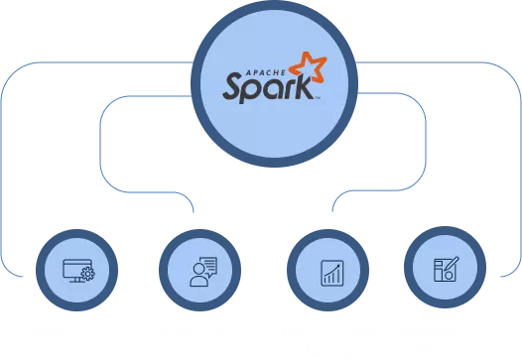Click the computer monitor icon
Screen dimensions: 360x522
tap(75, 268)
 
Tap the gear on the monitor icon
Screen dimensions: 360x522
tap(87, 275)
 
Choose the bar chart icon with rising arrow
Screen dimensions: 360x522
tap(330, 270)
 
